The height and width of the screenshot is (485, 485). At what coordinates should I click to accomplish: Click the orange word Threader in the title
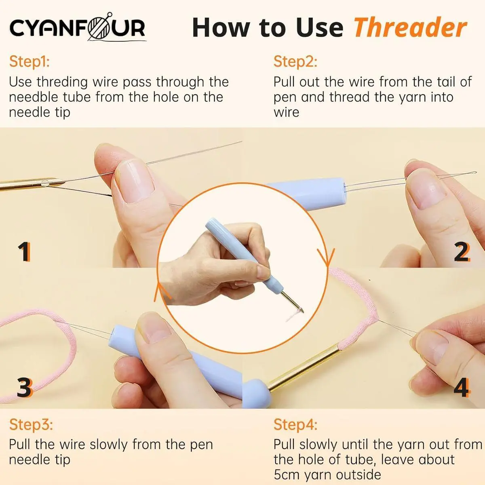[411, 28]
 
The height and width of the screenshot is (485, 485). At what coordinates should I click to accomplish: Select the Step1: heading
[30, 62]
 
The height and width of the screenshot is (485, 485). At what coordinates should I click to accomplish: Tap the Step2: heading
[295, 62]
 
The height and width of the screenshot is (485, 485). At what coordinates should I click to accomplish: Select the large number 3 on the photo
[25, 388]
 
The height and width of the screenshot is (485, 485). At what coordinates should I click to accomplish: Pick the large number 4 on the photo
[462, 388]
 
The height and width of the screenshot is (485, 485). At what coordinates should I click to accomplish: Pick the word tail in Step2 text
[443, 82]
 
